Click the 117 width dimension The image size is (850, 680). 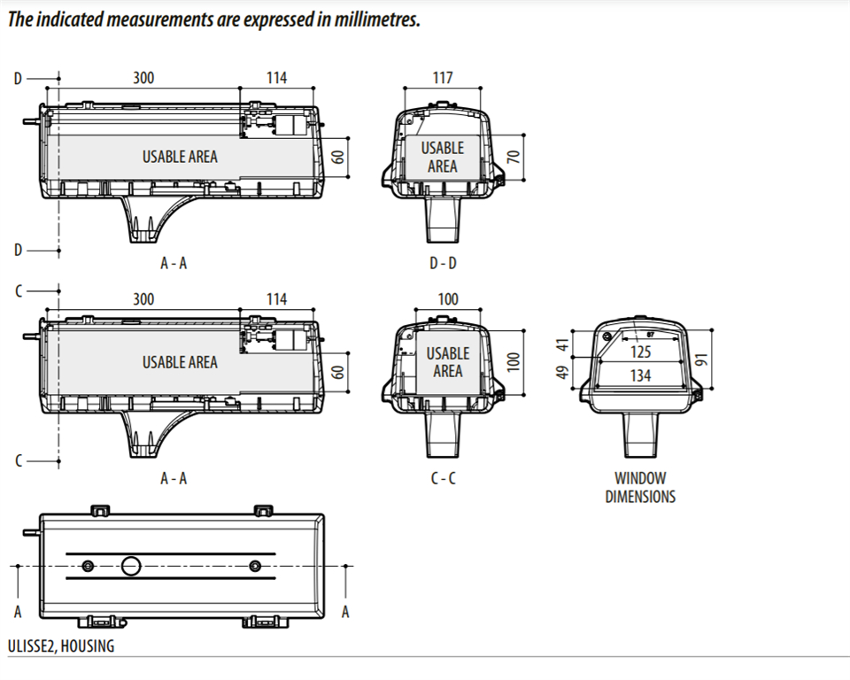click(443, 78)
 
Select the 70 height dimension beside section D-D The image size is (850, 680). click(511, 158)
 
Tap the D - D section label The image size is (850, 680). click(443, 263)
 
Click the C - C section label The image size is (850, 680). click(443, 478)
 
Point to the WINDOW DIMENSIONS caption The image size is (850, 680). click(640, 488)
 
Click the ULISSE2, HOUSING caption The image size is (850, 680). click(61, 645)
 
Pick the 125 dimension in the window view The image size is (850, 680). click(641, 352)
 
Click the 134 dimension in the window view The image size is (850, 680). click(641, 375)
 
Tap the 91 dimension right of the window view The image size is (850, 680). click(702, 359)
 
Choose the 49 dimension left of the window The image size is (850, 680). click(560, 371)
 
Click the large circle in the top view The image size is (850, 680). click(132, 566)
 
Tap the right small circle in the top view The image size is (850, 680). click(254, 566)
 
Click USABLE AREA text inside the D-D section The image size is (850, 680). click(442, 158)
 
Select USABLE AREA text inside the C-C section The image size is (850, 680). click(448, 362)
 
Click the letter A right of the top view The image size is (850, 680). click(345, 612)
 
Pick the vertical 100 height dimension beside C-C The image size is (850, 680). click(511, 361)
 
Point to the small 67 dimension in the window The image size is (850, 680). click(649, 335)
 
